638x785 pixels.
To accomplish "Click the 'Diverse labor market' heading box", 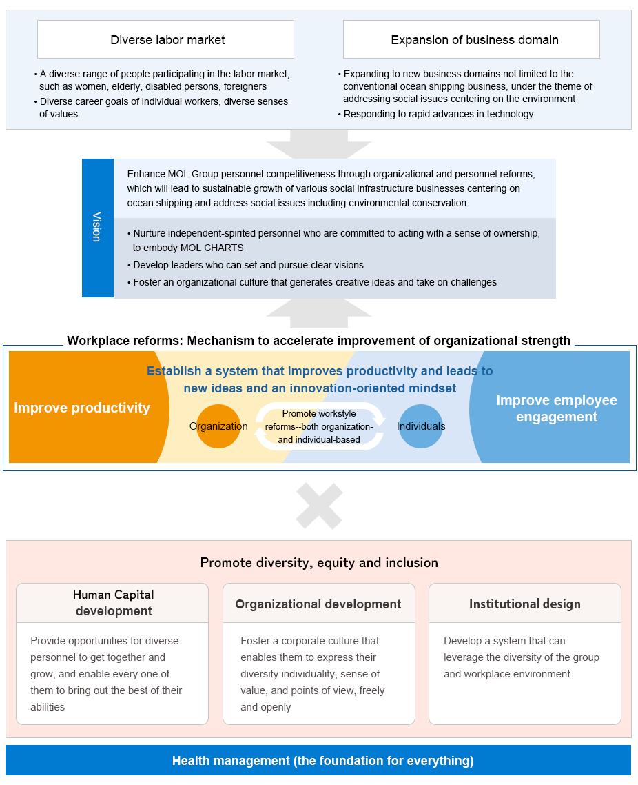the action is [x=165, y=39].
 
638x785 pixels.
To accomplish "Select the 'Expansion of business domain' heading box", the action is [x=471, y=39].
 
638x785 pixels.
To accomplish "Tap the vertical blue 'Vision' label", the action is [x=98, y=228].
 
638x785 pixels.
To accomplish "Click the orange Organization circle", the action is [x=218, y=426].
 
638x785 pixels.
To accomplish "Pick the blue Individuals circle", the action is [x=421, y=426].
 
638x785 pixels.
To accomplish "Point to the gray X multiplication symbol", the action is [x=319, y=506].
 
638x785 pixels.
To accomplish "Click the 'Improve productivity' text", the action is [x=82, y=408].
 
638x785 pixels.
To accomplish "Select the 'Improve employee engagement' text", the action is [x=557, y=408].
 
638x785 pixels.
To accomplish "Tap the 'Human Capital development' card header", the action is [x=112, y=603].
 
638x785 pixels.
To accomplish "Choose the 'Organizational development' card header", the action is [x=319, y=603].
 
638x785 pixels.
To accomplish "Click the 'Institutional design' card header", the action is [x=525, y=603].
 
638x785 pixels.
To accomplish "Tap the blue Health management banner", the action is [x=318, y=760].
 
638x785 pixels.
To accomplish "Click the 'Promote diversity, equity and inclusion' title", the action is [x=319, y=563].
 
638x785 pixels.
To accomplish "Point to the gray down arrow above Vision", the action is [x=319, y=144].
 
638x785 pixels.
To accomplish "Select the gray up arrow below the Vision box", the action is [x=319, y=313].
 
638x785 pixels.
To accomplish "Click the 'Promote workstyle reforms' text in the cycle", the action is [x=319, y=426].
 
